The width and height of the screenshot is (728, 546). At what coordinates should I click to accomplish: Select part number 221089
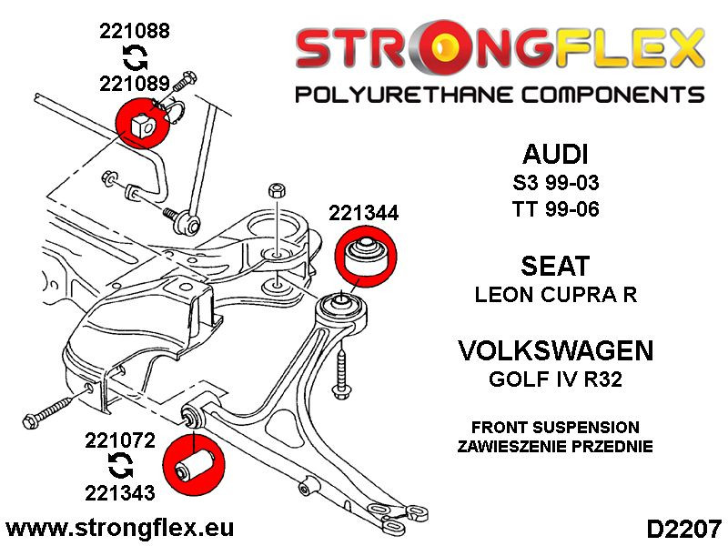tap(135, 84)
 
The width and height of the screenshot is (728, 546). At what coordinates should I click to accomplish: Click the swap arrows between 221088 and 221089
tap(135, 58)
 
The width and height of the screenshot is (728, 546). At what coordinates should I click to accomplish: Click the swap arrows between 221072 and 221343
tap(118, 468)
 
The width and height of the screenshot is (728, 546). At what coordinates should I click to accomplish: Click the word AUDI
tap(555, 153)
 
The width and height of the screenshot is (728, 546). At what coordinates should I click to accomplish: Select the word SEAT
tap(555, 266)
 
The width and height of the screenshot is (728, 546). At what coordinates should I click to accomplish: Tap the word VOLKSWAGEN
tap(555, 350)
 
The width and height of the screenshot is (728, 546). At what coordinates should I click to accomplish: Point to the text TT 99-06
tap(555, 207)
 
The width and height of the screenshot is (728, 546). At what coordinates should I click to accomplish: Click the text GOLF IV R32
tap(555, 379)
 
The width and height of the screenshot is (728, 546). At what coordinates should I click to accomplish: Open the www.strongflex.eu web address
tap(119, 528)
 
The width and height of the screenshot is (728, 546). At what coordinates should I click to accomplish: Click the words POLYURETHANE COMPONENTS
tap(499, 95)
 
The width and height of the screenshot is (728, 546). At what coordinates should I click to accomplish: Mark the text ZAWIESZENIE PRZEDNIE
tap(555, 446)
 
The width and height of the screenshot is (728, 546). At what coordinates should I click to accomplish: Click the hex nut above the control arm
tap(277, 191)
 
